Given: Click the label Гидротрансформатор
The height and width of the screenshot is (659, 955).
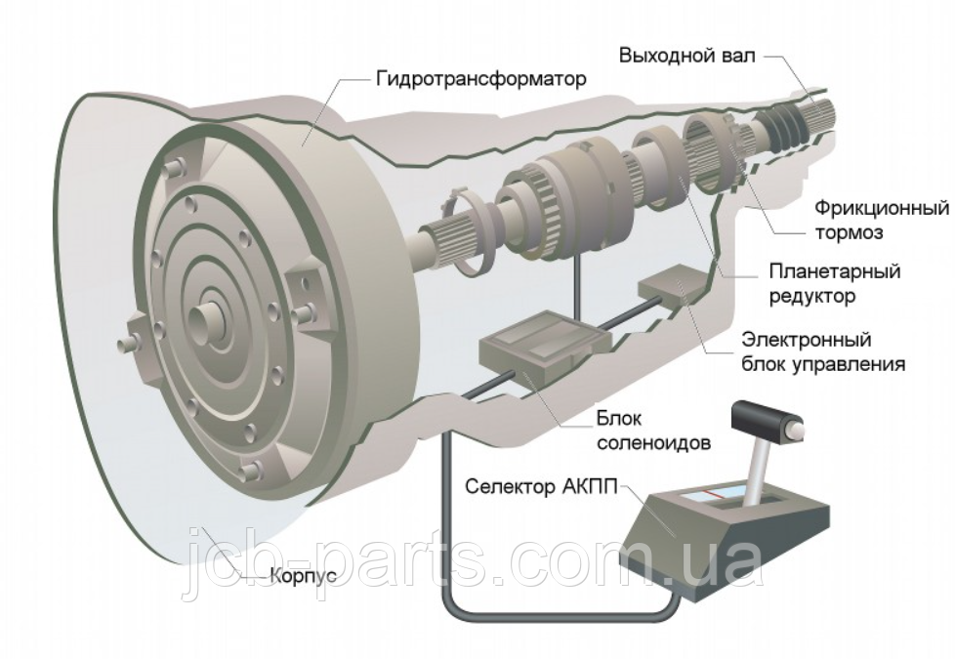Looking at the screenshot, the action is [481, 78].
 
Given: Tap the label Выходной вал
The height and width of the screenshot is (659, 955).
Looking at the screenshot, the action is [687, 56].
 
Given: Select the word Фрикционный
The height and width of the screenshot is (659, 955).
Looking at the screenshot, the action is [882, 208].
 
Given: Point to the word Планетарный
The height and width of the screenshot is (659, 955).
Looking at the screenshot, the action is [835, 270].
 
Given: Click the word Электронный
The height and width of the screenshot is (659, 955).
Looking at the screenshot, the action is [807, 339].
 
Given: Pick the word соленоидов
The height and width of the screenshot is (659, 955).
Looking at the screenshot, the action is [653, 442].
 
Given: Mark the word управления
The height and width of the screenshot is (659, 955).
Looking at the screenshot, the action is [849, 364].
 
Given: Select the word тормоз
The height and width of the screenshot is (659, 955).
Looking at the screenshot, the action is [849, 233].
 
